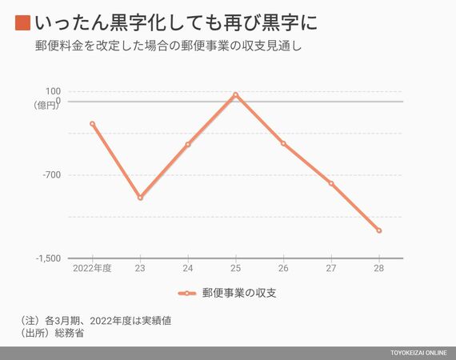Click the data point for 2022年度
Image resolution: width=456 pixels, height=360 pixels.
(93, 124)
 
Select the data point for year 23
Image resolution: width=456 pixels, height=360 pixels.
(140, 198)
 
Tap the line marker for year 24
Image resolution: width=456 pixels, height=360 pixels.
(188, 144)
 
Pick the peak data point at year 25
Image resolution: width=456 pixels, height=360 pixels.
(235, 94)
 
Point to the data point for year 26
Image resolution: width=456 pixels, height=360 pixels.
(283, 143)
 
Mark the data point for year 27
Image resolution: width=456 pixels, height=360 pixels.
(331, 183)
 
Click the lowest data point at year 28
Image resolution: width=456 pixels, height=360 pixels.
(379, 230)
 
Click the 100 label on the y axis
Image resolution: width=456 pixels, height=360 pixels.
(53, 91)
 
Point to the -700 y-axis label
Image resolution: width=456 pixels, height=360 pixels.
(52, 175)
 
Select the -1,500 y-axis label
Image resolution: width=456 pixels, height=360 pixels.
(48, 258)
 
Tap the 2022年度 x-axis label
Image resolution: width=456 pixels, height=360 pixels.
(92, 268)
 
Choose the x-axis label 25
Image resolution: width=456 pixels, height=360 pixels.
(235, 268)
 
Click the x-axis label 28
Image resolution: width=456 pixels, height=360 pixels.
(379, 268)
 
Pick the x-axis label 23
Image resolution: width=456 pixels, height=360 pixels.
(140, 268)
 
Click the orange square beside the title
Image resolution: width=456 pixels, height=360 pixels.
(22, 23)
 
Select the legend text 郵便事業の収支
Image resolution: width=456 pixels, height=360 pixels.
(239, 293)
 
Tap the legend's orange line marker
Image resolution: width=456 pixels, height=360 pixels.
(187, 294)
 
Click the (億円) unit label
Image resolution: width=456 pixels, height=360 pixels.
(46, 106)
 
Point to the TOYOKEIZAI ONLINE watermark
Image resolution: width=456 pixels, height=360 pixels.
(418, 353)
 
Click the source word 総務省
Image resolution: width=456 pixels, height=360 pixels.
(70, 333)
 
